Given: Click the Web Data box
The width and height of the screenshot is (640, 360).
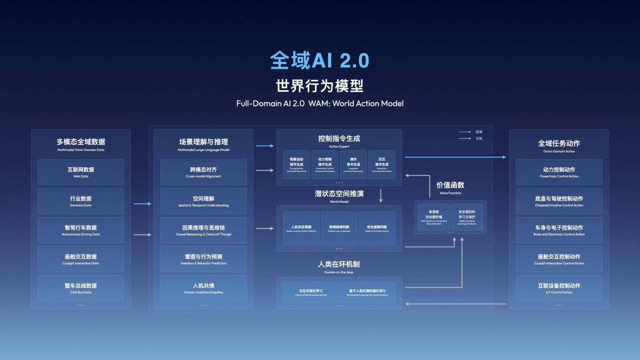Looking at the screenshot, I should (81, 172).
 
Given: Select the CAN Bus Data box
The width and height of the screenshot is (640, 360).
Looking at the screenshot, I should (81, 288).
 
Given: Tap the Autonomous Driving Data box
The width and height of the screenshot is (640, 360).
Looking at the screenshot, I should (81, 230).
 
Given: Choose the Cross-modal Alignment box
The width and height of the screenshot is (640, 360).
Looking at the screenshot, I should (204, 172).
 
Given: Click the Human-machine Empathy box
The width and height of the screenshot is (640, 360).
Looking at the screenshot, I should (204, 288).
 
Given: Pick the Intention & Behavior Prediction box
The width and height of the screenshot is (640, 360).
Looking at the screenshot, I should (204, 259).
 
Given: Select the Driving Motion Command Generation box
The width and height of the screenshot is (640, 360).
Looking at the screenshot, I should (297, 164).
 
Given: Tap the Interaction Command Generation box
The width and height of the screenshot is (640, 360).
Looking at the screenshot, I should (382, 164).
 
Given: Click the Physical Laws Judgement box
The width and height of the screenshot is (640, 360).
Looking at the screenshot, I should (339, 228).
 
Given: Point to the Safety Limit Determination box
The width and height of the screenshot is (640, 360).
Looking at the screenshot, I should (377, 228).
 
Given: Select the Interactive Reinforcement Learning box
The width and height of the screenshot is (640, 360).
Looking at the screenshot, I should (311, 292).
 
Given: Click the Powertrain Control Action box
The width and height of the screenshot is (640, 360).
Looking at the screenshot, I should (559, 172).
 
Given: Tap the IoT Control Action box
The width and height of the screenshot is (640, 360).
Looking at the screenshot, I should (559, 288).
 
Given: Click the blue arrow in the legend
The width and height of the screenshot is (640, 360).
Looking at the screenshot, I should (465, 132).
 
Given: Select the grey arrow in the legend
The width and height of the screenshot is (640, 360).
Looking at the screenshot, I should (465, 138).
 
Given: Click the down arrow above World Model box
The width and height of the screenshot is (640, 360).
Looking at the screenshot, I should (381, 196).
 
